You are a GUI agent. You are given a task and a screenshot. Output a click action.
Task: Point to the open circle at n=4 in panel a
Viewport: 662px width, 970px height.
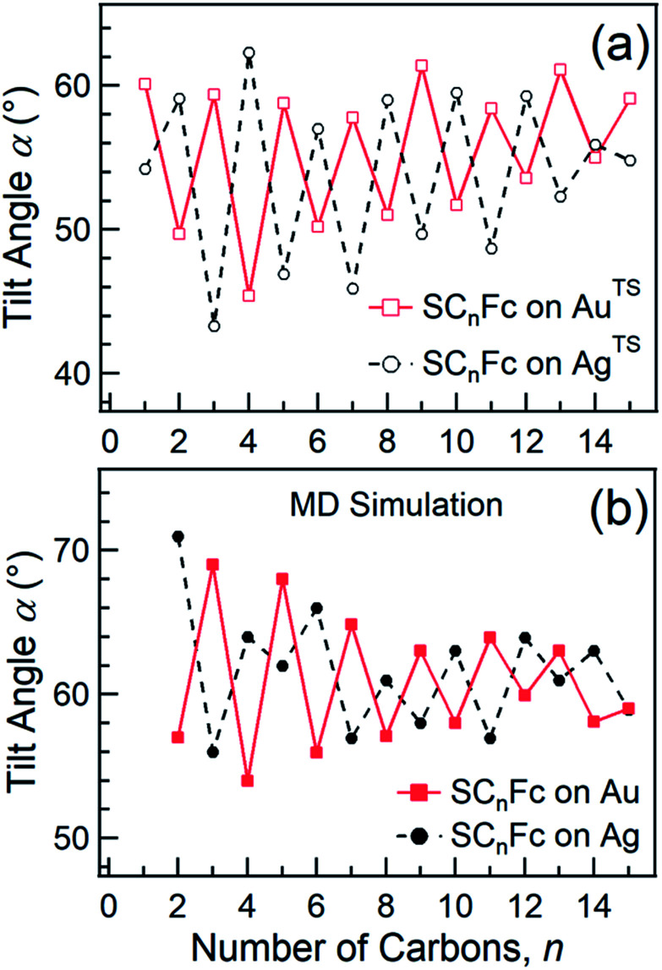[249, 52]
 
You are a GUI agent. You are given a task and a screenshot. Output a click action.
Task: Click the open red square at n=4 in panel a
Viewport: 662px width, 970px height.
[249, 295]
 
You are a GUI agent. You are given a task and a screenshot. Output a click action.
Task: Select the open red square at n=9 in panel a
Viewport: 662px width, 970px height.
[422, 65]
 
